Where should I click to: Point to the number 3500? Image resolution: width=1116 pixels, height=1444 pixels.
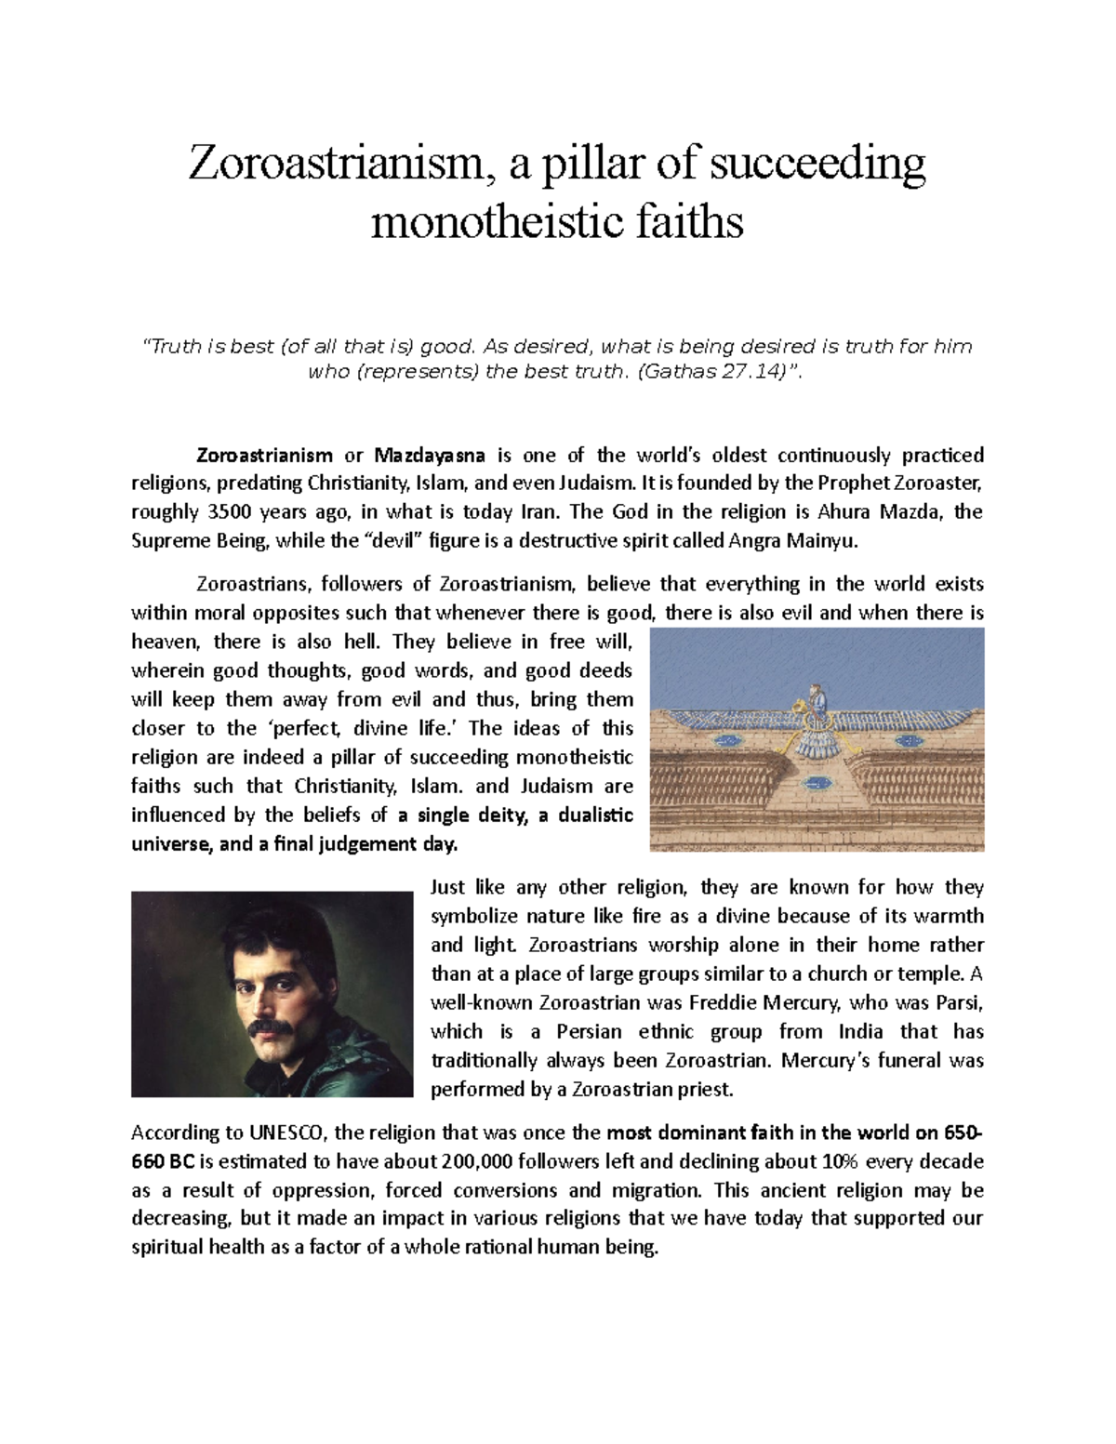229,511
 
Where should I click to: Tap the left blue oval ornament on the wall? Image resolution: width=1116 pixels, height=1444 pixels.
729,739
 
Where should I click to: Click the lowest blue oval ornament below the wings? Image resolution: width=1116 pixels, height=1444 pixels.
816,782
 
